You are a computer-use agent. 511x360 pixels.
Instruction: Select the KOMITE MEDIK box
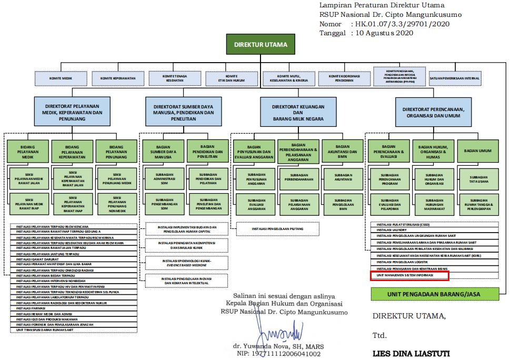point(61,78)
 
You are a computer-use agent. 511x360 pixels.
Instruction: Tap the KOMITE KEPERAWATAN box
point(118,78)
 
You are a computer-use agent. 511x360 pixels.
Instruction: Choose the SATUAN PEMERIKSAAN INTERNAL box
point(455,78)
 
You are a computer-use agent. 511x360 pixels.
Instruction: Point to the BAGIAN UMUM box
point(478,151)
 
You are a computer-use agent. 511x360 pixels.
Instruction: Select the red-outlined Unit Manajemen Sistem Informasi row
point(410,275)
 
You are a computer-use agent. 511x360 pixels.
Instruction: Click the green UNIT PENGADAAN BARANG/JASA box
point(435,294)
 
